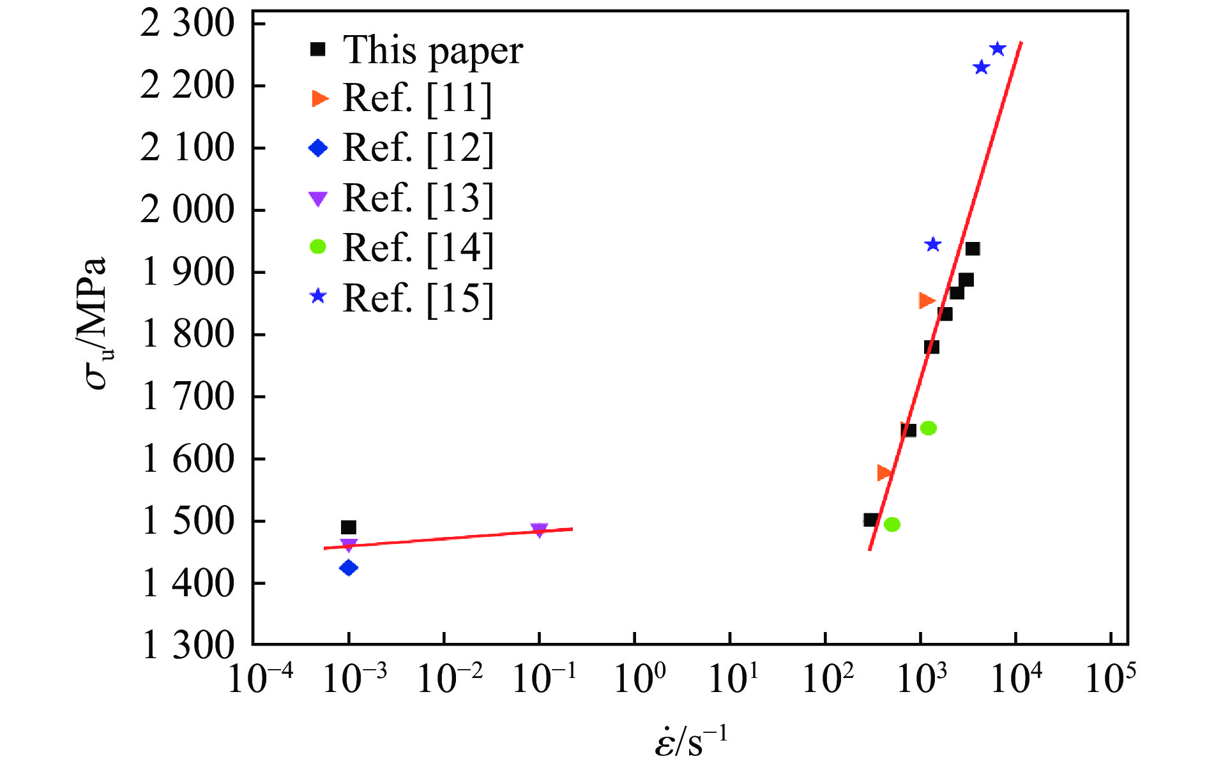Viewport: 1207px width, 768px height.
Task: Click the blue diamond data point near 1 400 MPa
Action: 349,568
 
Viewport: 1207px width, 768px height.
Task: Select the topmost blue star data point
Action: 998,49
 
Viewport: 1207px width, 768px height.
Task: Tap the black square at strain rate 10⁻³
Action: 348,527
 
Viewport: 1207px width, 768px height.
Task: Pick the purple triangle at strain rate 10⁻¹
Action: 539,531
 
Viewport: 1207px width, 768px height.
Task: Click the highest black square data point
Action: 973,249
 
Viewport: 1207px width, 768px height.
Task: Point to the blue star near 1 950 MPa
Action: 933,245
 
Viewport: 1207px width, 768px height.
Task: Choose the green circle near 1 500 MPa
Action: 892,525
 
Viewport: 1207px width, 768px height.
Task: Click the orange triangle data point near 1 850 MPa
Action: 926,301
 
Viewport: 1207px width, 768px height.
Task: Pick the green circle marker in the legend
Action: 318,247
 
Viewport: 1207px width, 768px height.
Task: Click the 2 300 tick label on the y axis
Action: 188,24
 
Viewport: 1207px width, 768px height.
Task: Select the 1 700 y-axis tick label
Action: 188,396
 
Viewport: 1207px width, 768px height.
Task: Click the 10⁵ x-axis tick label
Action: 1111,678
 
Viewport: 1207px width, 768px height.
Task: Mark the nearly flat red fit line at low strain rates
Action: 447,538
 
